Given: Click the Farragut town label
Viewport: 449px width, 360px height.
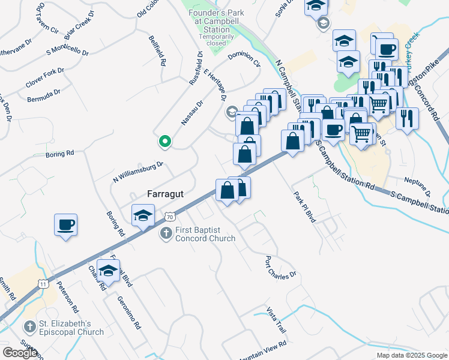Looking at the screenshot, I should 166,194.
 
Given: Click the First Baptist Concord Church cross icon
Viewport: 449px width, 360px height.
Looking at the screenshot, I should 166,233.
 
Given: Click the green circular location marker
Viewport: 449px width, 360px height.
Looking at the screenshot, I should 164,142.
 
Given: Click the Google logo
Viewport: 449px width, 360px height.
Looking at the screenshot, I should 20,353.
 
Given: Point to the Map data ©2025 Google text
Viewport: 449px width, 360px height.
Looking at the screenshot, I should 411,355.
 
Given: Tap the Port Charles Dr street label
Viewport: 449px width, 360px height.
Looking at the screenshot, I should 281,268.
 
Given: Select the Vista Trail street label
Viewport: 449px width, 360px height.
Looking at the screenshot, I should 277,322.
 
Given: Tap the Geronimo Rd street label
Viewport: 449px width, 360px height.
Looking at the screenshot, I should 129,313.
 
